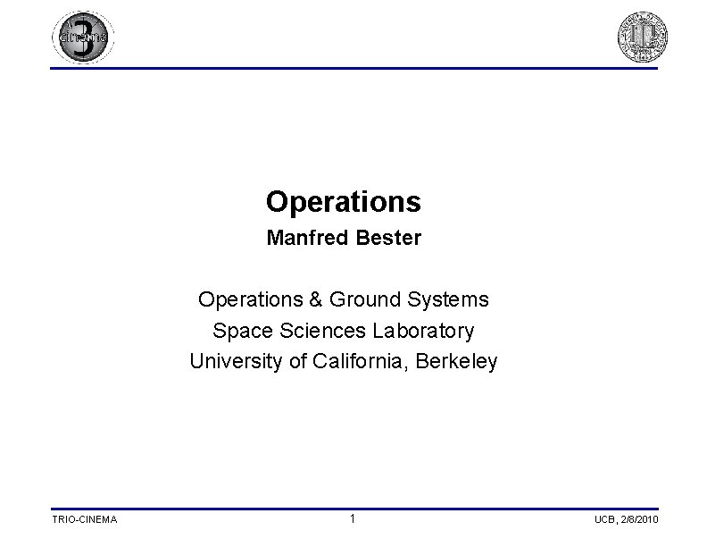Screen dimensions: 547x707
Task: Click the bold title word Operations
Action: (x=343, y=203)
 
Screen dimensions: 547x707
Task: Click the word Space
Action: (x=243, y=331)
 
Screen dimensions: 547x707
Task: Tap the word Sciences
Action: (x=320, y=331)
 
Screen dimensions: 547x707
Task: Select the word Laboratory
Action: (x=423, y=332)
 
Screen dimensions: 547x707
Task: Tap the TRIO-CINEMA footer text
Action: (x=84, y=520)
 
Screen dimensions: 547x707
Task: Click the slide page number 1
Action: (x=353, y=519)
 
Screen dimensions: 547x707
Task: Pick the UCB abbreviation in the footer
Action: (x=604, y=520)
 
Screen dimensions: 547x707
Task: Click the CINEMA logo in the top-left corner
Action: (x=83, y=38)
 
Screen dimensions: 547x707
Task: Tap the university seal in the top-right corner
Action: (x=643, y=38)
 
